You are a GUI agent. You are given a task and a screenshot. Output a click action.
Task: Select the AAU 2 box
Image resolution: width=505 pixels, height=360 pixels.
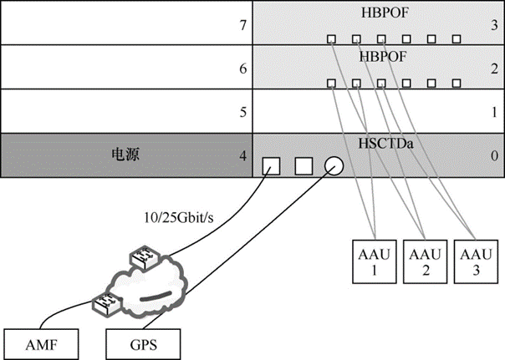(x=423, y=261)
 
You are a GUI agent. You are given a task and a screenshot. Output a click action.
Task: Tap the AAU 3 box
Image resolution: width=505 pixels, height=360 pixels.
(x=473, y=261)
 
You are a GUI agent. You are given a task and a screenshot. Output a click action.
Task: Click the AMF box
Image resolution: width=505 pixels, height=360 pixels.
(x=43, y=342)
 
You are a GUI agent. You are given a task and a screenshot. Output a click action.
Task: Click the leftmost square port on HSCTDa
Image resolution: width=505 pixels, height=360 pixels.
(x=272, y=165)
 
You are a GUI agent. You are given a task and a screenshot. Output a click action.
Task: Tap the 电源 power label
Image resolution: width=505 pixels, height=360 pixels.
(x=126, y=155)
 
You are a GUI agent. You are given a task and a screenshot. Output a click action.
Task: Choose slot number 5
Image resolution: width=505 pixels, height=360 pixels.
(x=242, y=111)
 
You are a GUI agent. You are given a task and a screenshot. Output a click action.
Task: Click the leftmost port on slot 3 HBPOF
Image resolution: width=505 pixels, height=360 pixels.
(x=331, y=38)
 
